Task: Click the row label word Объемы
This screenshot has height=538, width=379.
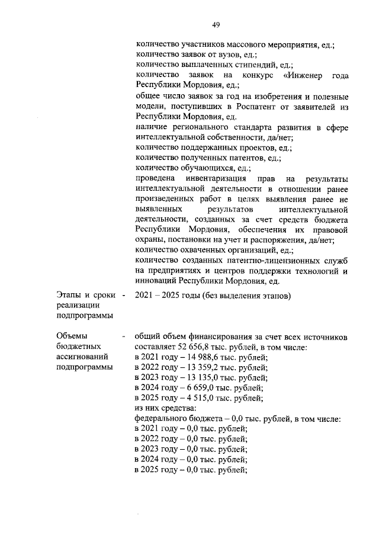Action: coord(72,337)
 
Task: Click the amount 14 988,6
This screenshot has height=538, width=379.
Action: coord(200,357)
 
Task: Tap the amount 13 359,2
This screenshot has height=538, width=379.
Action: coord(200,367)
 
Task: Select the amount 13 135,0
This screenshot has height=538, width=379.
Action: coord(200,377)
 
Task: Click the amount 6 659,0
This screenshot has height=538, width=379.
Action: coord(197,388)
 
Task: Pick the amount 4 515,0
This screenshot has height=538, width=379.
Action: coord(197,398)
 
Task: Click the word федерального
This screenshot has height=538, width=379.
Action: coord(163,418)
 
